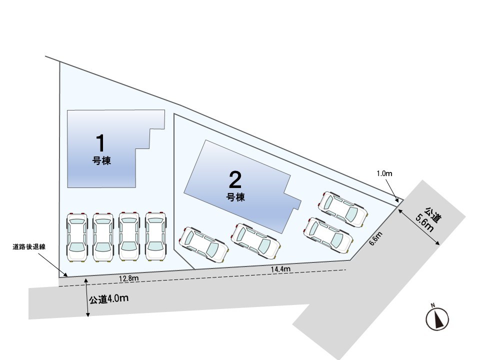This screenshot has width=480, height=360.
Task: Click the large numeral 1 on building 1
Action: click(x=100, y=142)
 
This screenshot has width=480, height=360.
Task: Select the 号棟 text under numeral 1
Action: click(x=101, y=160)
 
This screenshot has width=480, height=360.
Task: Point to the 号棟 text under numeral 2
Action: click(x=235, y=197)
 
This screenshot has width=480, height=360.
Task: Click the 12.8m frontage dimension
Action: click(x=129, y=278)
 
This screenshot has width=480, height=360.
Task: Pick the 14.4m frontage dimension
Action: click(x=280, y=269)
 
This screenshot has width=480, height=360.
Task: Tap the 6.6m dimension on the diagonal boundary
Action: click(x=375, y=238)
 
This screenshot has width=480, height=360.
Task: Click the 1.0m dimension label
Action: click(x=384, y=173)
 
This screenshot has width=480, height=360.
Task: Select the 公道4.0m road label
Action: click(x=108, y=299)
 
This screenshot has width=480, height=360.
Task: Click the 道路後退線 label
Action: click(x=29, y=247)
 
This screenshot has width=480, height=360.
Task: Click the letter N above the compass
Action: click(x=433, y=305)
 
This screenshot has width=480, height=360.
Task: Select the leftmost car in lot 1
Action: click(x=76, y=237)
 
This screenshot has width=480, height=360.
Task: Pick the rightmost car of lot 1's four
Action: click(x=156, y=236)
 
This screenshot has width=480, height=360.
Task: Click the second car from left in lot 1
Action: click(x=103, y=237)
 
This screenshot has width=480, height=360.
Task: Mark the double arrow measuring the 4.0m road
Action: click(x=87, y=297)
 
